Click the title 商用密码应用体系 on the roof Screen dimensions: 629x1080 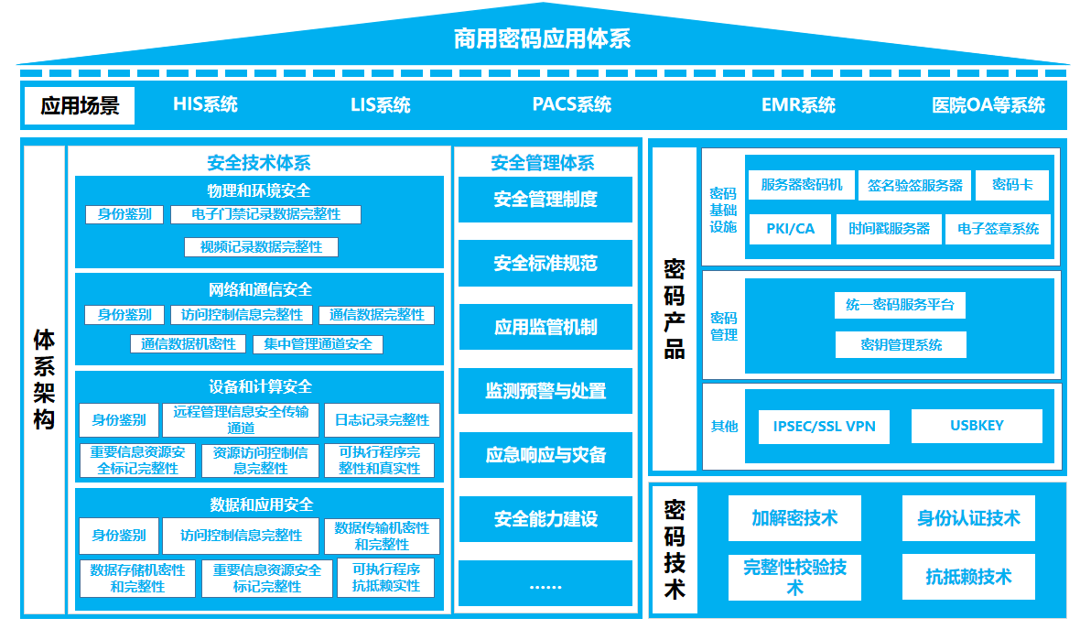pos(542,38)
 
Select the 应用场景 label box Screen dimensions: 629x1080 pos(80,105)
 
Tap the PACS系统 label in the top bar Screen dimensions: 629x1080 pos(571,104)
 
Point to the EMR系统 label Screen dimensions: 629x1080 pos(798,105)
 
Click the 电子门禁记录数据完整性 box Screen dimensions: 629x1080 pos(265,214)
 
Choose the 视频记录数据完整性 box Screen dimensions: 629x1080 pos(261,247)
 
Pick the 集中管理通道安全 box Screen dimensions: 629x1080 pos(318,344)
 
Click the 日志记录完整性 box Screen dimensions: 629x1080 pos(382,420)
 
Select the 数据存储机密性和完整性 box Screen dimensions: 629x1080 pos(137,578)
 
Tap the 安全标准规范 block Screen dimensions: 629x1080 pos(545,264)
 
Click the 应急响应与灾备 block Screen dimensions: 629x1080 pos(545,455)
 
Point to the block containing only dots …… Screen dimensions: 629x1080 pos(545,584)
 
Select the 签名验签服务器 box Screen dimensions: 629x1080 pos(915,185)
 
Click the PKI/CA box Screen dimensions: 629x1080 pos(790,229)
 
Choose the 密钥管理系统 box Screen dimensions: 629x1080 pos(901,344)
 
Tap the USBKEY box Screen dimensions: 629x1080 pos(977,426)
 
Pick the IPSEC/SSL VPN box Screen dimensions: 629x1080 pos(824,427)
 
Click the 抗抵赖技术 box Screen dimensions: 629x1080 pos(968,577)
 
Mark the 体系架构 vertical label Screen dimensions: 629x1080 pos(44,379)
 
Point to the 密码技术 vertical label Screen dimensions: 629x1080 pos(674,548)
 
